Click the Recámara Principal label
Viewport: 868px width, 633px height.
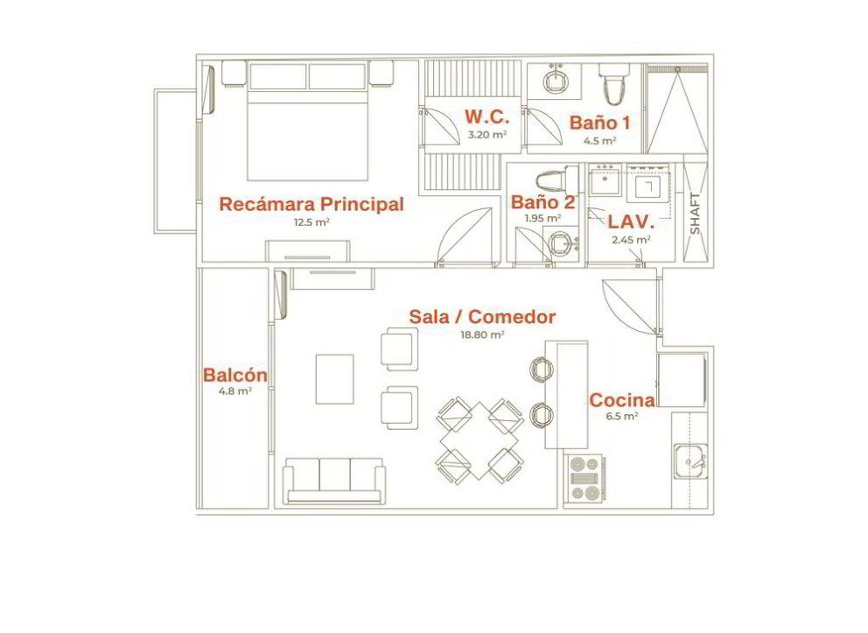[x=311, y=204]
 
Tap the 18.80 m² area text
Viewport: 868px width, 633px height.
[x=482, y=334]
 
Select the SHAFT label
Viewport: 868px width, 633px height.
[x=696, y=214]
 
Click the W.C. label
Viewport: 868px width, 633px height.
[x=486, y=116]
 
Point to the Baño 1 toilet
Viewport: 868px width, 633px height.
[x=614, y=83]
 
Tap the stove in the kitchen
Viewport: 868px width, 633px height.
[x=584, y=478]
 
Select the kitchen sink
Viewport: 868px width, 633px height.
[x=690, y=461]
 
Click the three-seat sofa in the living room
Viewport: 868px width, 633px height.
[x=334, y=481]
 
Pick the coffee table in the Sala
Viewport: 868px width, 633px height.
[x=335, y=379]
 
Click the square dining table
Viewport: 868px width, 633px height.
[x=479, y=440]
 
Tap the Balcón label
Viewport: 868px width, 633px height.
[x=235, y=375]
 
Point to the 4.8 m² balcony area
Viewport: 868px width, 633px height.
[x=236, y=391]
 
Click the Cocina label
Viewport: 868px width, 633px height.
[x=621, y=400]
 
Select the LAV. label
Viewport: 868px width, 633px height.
[x=631, y=222]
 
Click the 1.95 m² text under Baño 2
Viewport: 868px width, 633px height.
[x=542, y=218]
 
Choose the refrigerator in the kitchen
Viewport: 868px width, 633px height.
[x=682, y=380]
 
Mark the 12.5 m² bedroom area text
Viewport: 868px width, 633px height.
[x=312, y=222]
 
